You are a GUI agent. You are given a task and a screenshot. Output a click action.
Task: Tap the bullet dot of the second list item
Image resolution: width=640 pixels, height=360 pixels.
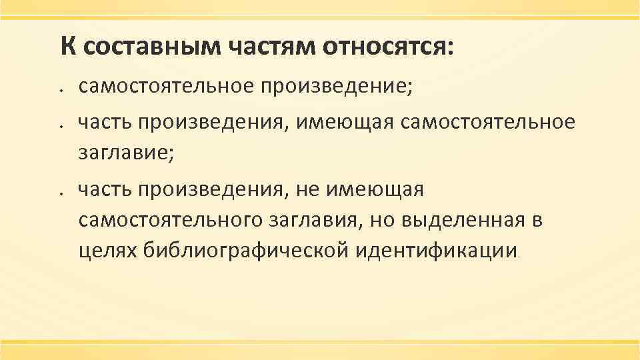coord(60,125)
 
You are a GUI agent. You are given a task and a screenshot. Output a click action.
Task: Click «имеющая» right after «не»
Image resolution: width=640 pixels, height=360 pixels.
coord(377,191)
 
